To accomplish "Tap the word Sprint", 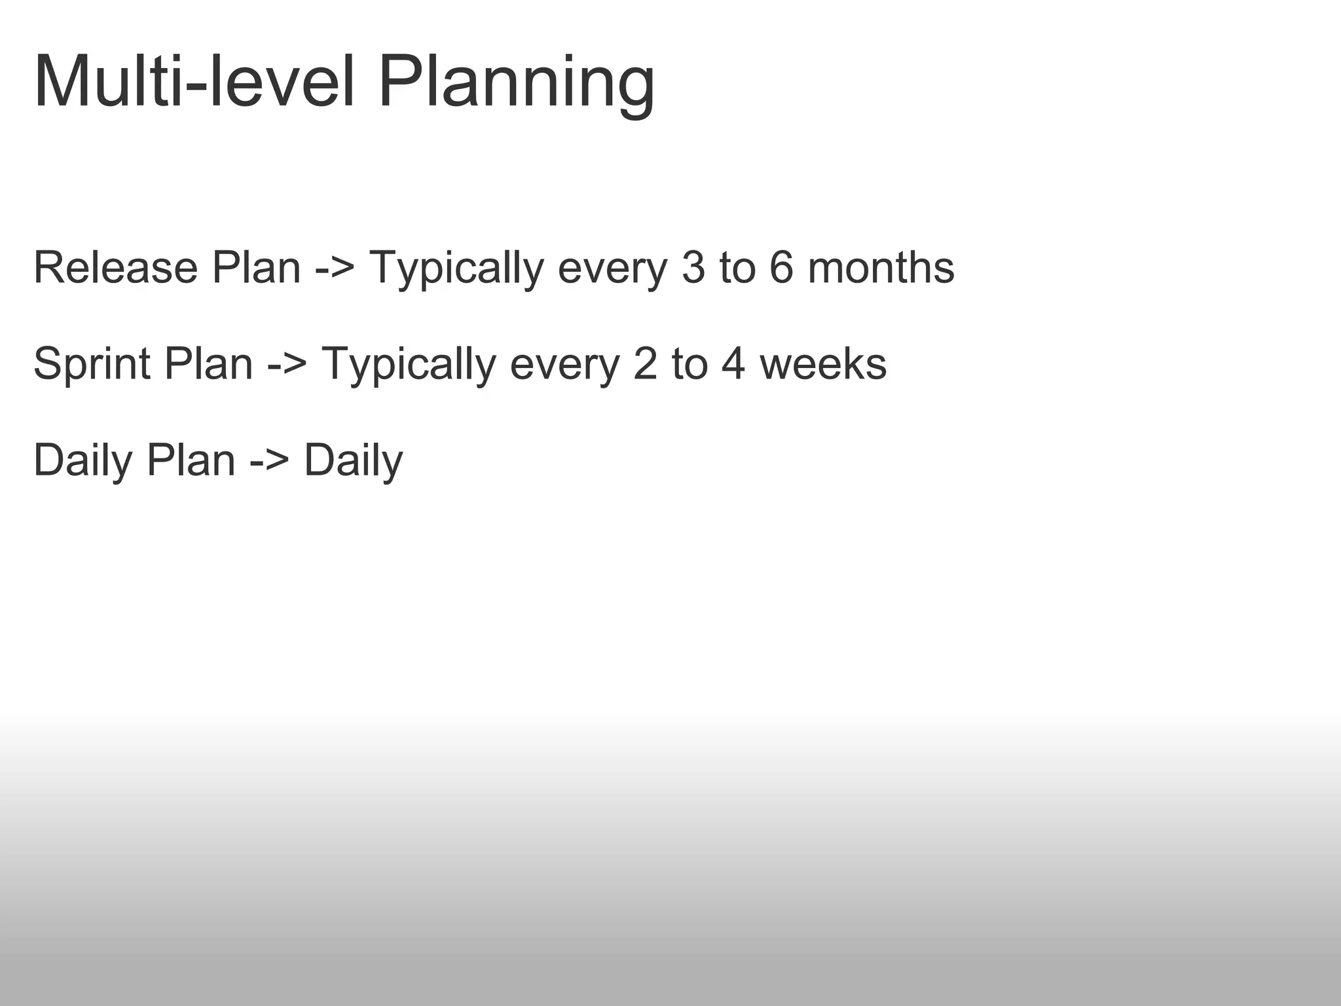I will (92, 364).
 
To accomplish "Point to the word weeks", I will (822, 363).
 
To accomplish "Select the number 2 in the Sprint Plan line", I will (645, 363).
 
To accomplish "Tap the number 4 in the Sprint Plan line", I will (733, 363).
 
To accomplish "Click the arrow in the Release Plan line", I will (335, 269).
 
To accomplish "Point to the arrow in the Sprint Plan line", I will (287, 365).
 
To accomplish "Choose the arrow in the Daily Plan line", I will (269, 460).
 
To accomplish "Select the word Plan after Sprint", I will (208, 363).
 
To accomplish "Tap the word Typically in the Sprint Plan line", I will (409, 365).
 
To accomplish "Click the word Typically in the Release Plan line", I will (456, 269).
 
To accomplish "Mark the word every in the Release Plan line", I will (613, 269).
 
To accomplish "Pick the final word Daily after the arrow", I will (354, 460).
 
